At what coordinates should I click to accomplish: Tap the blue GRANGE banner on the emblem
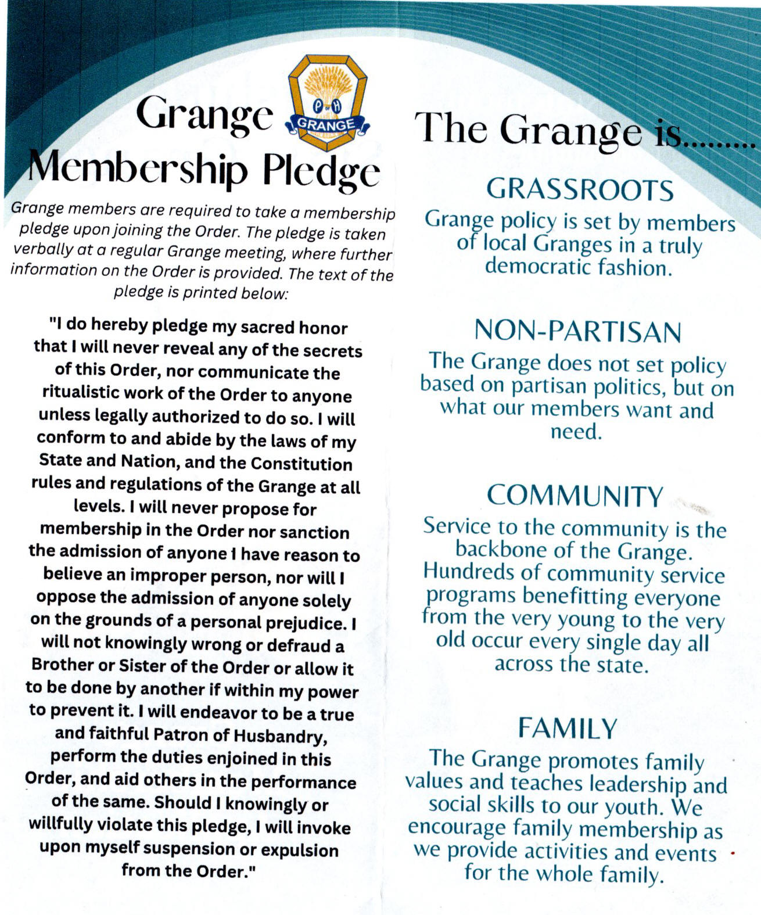(x=326, y=124)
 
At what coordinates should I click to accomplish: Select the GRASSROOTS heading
(x=579, y=189)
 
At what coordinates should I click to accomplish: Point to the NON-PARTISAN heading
(x=577, y=331)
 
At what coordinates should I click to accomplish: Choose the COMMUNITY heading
(x=575, y=496)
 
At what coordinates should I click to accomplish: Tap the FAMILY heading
(x=567, y=729)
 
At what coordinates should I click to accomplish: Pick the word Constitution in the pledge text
(x=301, y=464)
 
